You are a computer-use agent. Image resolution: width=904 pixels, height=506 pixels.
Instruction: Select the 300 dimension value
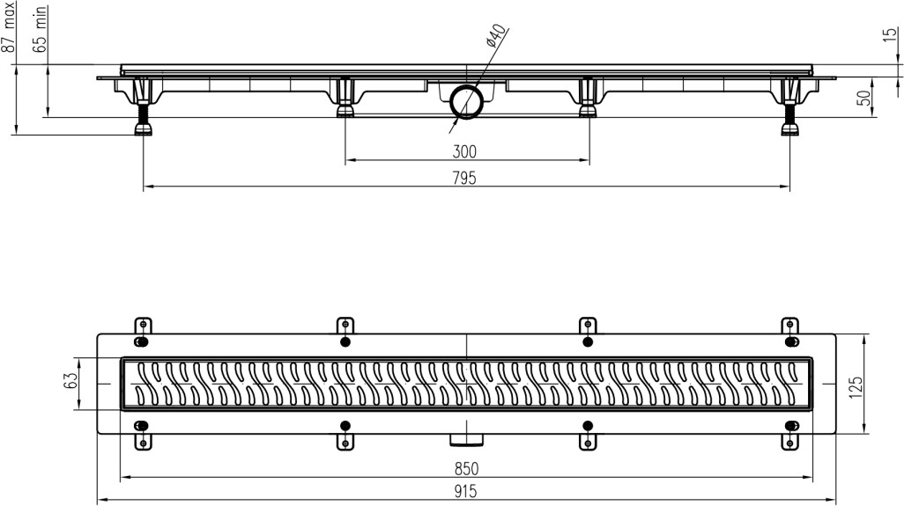pos(466,151)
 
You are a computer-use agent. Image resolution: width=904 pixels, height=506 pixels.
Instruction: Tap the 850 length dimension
pos(467,469)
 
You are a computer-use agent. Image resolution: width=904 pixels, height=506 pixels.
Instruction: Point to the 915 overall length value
pos(467,492)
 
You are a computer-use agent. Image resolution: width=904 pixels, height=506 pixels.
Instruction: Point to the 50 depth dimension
pos(865,98)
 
